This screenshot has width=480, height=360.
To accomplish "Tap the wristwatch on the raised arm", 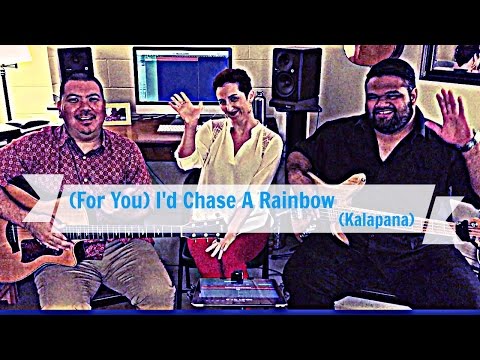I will pos(468,142).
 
